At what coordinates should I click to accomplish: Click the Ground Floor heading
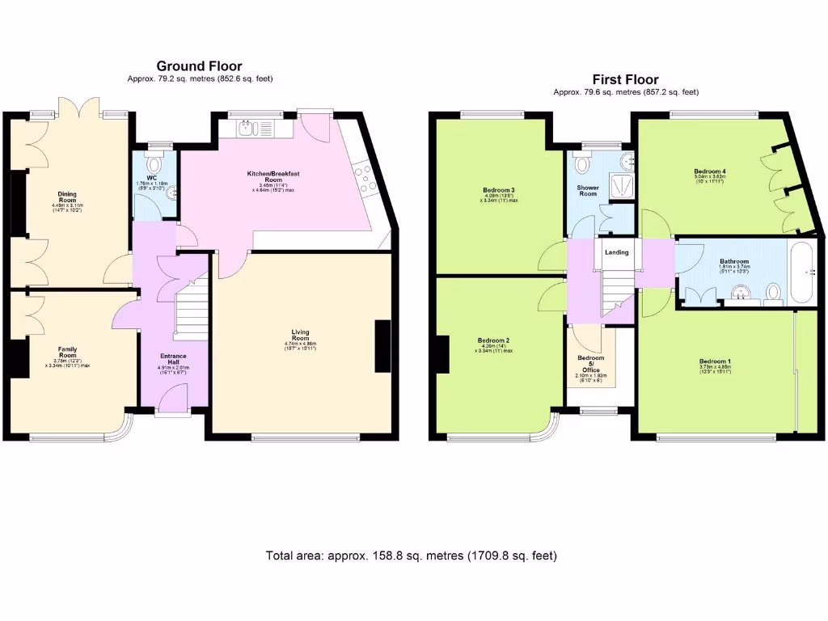(x=199, y=65)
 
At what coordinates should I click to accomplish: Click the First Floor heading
(x=625, y=79)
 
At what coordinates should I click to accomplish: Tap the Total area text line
(x=412, y=556)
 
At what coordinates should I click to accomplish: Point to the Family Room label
(x=67, y=352)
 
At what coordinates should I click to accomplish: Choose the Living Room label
(x=300, y=334)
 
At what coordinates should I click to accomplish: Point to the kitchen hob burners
(x=364, y=179)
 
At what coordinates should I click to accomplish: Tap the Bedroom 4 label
(x=709, y=172)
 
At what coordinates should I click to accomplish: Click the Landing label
(x=617, y=252)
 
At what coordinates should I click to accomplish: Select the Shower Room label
(x=587, y=191)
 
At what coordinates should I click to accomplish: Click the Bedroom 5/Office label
(x=590, y=361)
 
